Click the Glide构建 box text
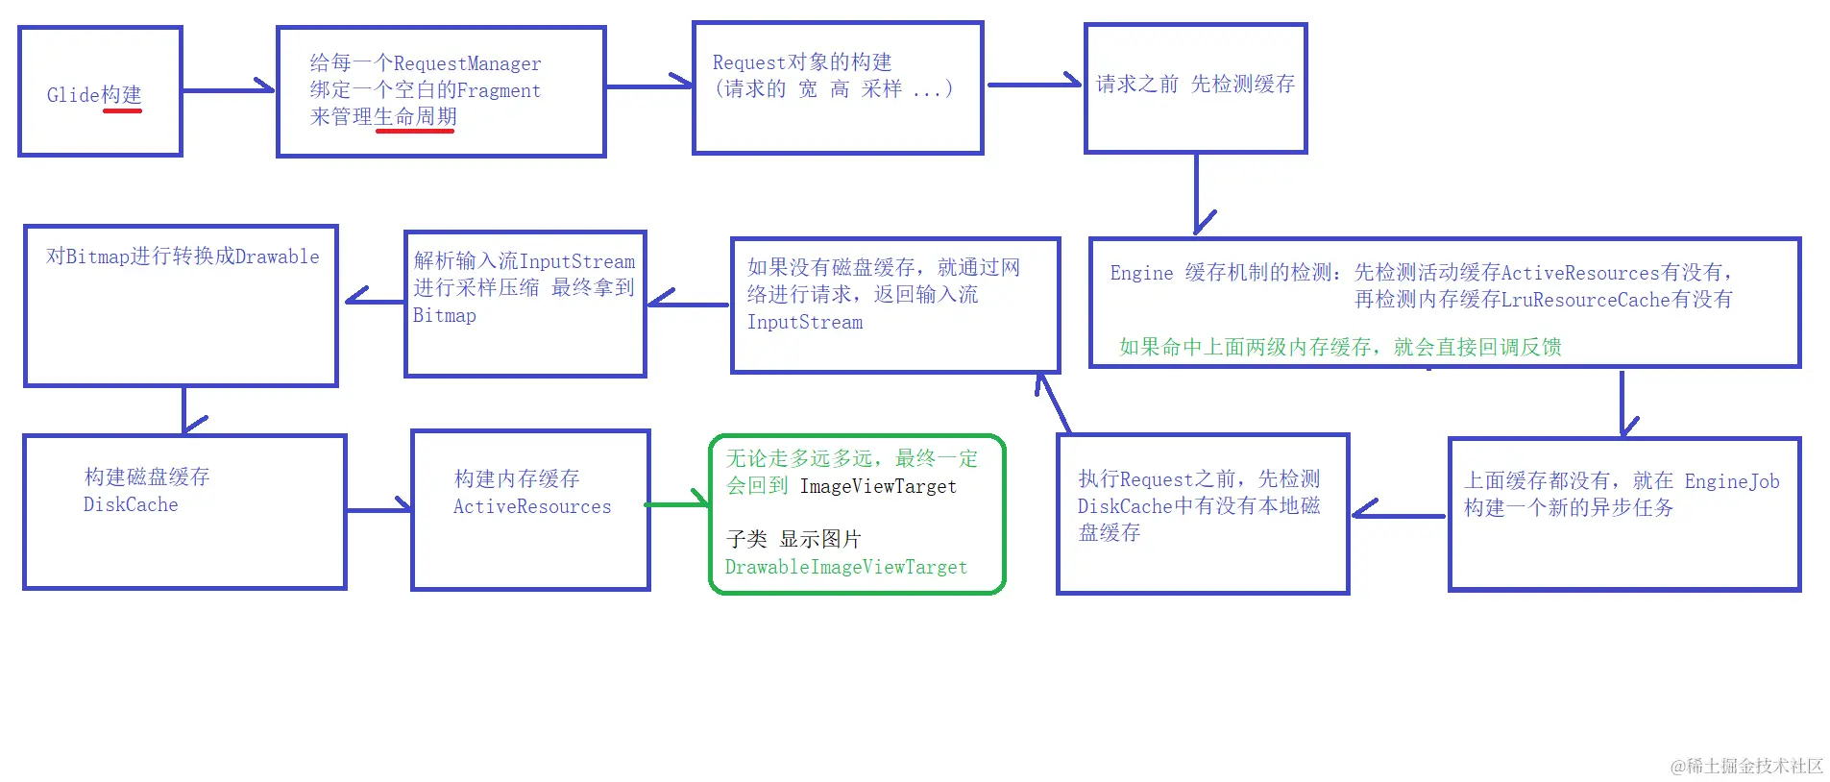coord(94,94)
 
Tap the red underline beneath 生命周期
coord(414,131)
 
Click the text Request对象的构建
coord(802,62)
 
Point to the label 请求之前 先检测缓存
coord(1195,85)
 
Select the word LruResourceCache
coord(1586,300)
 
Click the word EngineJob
coord(1731,481)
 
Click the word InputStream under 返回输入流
coord(805,323)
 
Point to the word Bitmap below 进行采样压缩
coord(444,315)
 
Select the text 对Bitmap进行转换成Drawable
coord(183,257)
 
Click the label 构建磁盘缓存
coord(147,477)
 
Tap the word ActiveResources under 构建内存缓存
coord(532,506)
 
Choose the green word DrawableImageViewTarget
coord(845,567)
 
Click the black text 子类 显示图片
coord(793,539)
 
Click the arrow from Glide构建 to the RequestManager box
coord(229,90)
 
